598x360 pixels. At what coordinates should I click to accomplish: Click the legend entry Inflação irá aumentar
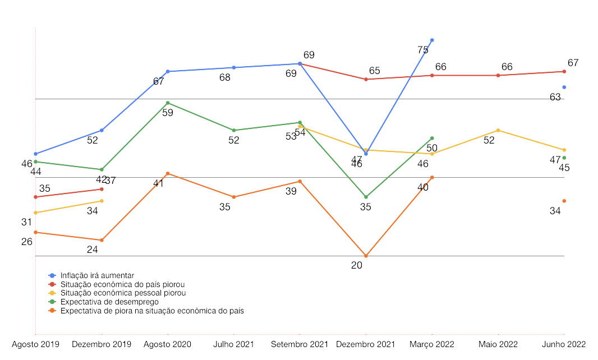click(97, 275)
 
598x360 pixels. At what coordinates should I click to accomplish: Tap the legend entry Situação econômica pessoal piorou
click(123, 293)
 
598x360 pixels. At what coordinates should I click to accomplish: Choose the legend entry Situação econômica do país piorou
click(122, 284)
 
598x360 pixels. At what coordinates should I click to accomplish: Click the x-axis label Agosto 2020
click(168, 344)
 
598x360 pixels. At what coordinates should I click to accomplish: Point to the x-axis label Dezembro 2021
click(366, 344)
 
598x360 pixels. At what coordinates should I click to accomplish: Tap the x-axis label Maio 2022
click(498, 344)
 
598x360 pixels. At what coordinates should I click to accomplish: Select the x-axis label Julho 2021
click(234, 344)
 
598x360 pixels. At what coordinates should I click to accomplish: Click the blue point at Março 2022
click(432, 40)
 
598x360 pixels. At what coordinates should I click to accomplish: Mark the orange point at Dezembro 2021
click(366, 256)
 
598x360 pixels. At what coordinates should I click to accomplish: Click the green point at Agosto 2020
click(168, 103)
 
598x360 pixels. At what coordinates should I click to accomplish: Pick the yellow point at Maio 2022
click(498, 130)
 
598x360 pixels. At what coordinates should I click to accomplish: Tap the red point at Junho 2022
click(564, 71)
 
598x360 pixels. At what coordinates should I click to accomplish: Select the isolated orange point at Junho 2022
click(564, 201)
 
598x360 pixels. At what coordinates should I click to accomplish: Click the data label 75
click(423, 50)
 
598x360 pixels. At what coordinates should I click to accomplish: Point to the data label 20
click(357, 266)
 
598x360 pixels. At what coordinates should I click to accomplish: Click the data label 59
click(167, 113)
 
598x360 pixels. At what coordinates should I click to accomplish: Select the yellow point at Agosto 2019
click(35, 213)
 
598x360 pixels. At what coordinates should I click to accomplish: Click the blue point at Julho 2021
click(234, 67)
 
